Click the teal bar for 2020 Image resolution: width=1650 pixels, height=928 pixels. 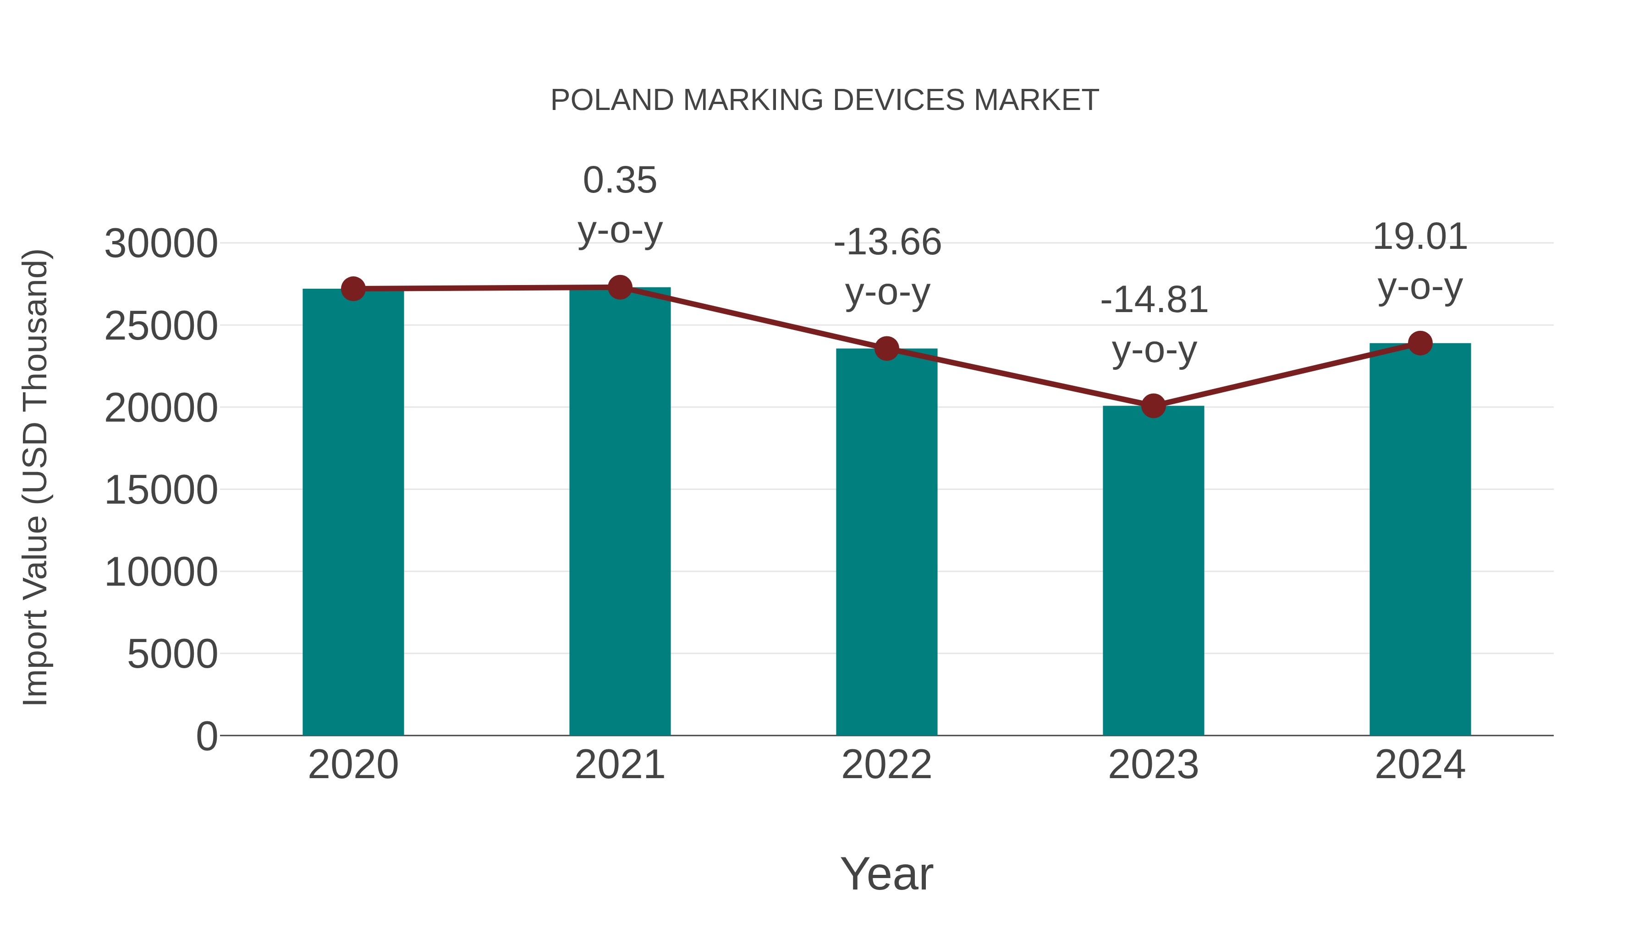(x=353, y=512)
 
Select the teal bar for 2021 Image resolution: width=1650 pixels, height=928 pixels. (x=619, y=512)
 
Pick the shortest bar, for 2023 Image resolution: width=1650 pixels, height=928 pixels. (x=1153, y=570)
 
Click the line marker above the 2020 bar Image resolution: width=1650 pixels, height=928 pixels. (x=353, y=289)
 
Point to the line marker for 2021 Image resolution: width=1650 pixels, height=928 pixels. (x=619, y=287)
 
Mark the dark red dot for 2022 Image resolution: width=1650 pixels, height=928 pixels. (x=886, y=348)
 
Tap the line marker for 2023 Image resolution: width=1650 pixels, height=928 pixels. (x=1153, y=406)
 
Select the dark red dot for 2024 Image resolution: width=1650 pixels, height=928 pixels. (x=1420, y=343)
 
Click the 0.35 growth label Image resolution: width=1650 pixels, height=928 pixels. (x=619, y=180)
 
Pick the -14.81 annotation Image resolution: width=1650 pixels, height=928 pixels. (x=1154, y=300)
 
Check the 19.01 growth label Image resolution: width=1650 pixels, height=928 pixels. (x=1420, y=237)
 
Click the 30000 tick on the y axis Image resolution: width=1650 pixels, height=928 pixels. (x=161, y=244)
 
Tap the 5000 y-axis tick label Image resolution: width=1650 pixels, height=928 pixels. (x=172, y=654)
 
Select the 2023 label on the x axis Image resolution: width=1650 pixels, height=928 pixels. (x=1153, y=765)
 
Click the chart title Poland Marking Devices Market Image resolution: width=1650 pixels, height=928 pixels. (x=825, y=100)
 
